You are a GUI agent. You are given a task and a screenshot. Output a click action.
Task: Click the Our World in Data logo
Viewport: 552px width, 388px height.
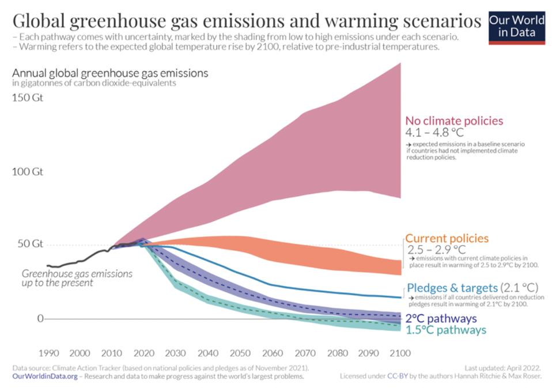click(x=516, y=26)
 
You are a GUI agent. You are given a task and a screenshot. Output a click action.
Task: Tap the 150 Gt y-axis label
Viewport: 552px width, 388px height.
click(x=28, y=97)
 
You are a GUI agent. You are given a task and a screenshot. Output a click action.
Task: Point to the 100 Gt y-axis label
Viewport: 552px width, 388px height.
click(x=28, y=172)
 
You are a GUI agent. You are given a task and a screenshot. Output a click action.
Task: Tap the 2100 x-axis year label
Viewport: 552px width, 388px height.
click(x=399, y=353)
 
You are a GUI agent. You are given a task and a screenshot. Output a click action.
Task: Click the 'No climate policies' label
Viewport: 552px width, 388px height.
click(x=454, y=121)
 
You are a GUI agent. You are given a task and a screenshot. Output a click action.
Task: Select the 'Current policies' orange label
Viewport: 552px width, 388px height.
click(x=447, y=238)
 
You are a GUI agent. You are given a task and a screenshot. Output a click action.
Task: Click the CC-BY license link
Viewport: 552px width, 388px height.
click(x=400, y=376)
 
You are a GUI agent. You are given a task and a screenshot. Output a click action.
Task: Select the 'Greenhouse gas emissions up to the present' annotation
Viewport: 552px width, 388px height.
click(x=77, y=278)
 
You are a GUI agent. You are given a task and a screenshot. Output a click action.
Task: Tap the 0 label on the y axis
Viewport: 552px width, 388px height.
click(x=40, y=318)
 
